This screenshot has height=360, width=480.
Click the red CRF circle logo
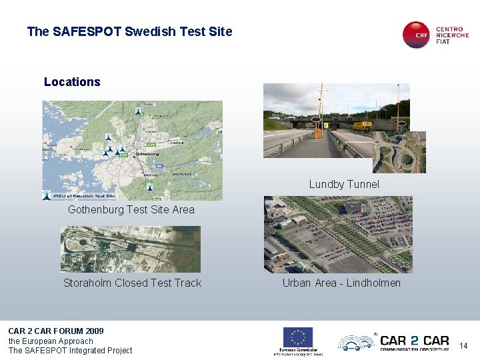coord(417,35)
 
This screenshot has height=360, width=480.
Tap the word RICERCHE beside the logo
coord(452,35)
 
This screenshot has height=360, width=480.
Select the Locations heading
coord(72,82)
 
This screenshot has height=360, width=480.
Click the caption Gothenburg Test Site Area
coord(131,209)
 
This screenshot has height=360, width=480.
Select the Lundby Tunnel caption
coord(344,184)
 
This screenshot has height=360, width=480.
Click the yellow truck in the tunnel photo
coord(362,125)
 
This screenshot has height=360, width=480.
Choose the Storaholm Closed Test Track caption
coord(132,283)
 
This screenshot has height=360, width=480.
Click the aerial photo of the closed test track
coord(130,249)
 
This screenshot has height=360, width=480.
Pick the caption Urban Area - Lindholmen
coord(341,283)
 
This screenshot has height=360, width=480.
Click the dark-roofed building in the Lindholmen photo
coord(353,209)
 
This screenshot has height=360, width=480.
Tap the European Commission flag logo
coord(298,337)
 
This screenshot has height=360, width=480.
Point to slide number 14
coord(463,345)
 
